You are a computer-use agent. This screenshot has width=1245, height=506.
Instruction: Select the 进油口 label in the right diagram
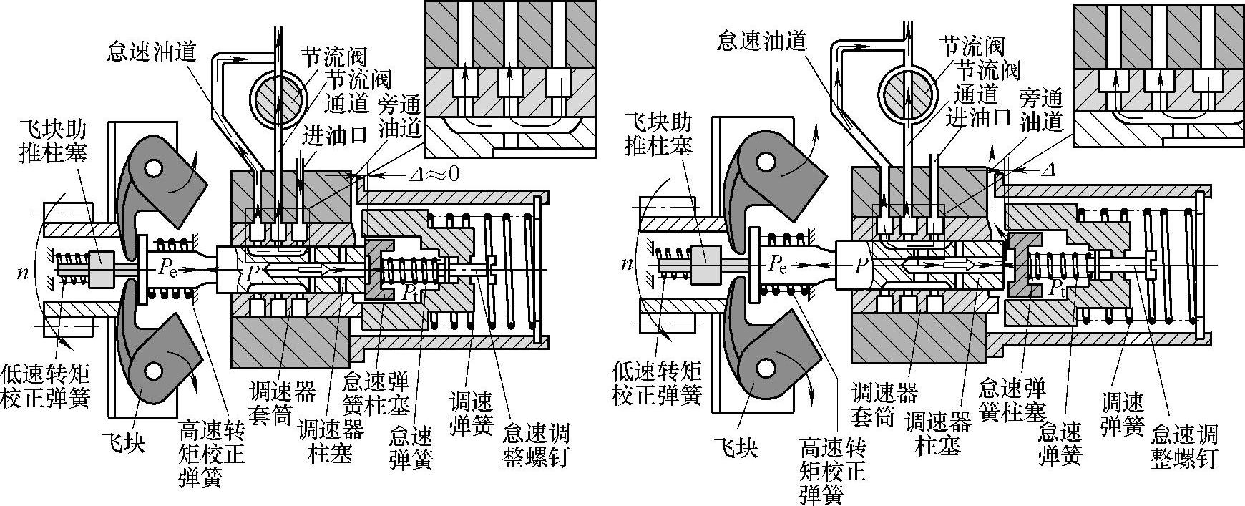[978, 117]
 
